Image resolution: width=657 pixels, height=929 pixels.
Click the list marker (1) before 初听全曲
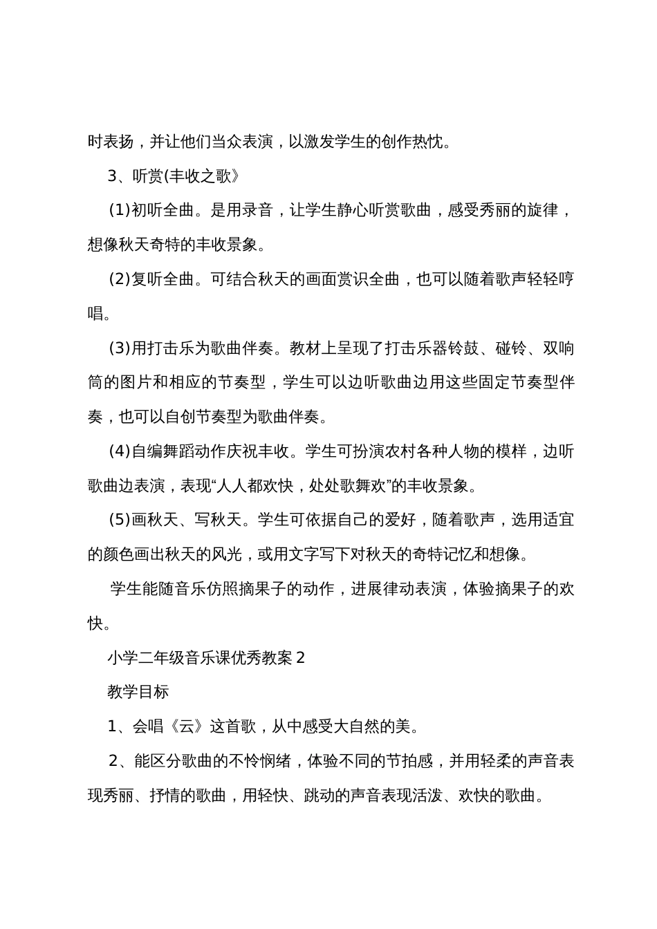click(119, 210)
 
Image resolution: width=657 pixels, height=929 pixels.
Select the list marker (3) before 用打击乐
click(119, 348)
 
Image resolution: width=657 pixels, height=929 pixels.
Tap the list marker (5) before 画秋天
click(119, 519)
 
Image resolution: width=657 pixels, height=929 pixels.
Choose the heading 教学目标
click(138, 691)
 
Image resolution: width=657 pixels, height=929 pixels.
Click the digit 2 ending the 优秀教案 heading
click(300, 657)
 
